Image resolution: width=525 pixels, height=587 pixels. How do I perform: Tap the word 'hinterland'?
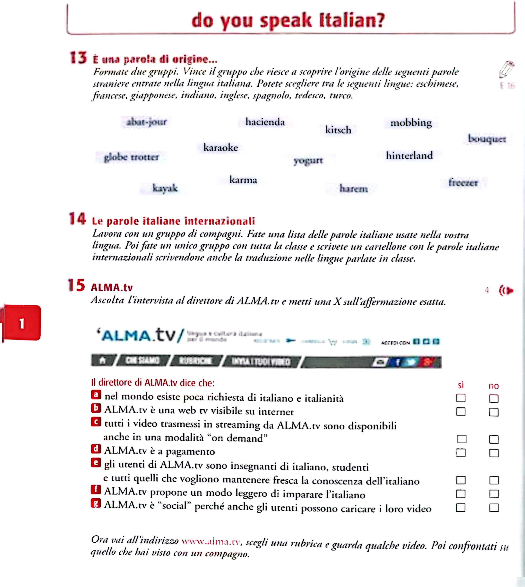(409, 156)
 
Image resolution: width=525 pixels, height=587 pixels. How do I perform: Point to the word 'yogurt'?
(308, 160)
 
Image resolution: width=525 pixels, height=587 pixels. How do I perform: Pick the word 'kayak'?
(165, 188)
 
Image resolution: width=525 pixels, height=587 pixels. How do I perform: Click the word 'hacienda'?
(265, 122)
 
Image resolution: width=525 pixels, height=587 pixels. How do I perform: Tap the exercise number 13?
(78, 58)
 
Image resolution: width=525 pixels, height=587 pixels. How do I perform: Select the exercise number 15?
(76, 285)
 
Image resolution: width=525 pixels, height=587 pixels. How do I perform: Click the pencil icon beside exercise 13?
(507, 69)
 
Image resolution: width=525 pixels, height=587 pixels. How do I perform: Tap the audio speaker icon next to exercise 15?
(506, 291)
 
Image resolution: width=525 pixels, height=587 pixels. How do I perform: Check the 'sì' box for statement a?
(461, 398)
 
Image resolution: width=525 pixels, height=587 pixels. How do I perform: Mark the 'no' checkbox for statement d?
(494, 453)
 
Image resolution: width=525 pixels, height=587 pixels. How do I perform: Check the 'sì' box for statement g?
(461, 508)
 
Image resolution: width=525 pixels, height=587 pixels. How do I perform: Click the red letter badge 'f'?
(96, 489)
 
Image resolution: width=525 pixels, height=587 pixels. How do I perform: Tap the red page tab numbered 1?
(22, 323)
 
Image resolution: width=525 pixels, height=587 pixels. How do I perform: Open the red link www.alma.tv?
(211, 541)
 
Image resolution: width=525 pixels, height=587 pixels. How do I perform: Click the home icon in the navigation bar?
(102, 360)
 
